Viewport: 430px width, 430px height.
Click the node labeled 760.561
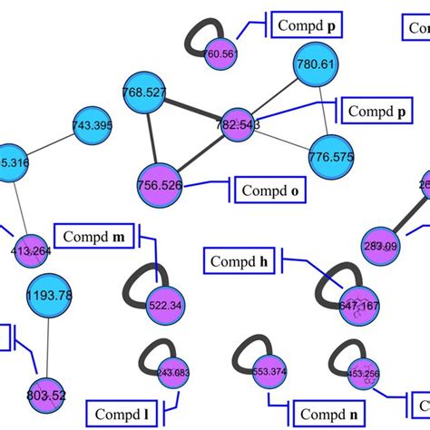click(220, 54)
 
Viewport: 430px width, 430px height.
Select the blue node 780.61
click(315, 64)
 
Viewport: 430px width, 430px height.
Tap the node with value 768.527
click(143, 93)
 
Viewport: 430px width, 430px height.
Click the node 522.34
click(164, 304)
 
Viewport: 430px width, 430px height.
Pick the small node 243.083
click(172, 372)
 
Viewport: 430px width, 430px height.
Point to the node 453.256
click(362, 373)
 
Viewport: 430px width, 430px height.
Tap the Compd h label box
click(239, 262)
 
